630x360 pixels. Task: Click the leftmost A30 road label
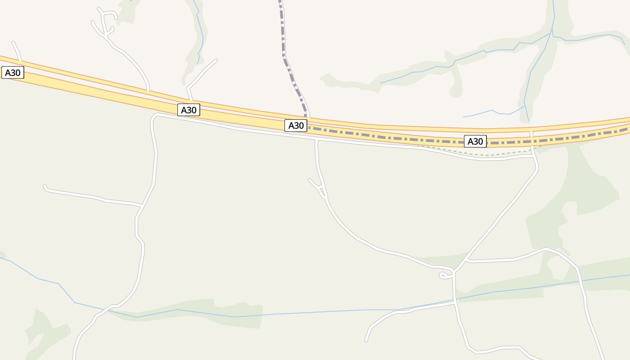13,73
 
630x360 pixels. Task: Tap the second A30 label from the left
189,110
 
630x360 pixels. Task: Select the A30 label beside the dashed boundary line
296,126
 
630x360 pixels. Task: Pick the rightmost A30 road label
475,141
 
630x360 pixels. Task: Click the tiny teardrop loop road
444,275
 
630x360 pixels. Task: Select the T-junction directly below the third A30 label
317,140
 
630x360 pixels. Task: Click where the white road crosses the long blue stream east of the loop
454,300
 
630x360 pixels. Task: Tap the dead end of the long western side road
45,185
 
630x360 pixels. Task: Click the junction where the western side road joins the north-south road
142,206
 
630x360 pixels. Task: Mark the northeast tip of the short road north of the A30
216,60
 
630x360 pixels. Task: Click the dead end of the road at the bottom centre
366,340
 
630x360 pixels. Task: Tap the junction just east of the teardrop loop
454,272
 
